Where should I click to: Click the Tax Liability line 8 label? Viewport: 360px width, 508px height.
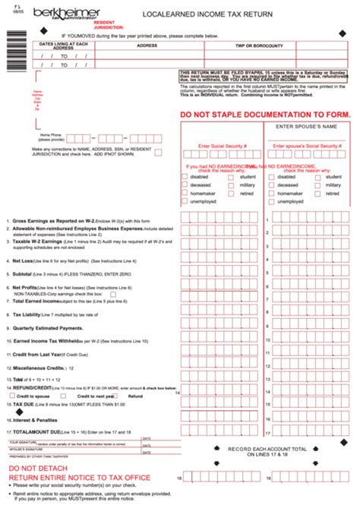click(x=30, y=314)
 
